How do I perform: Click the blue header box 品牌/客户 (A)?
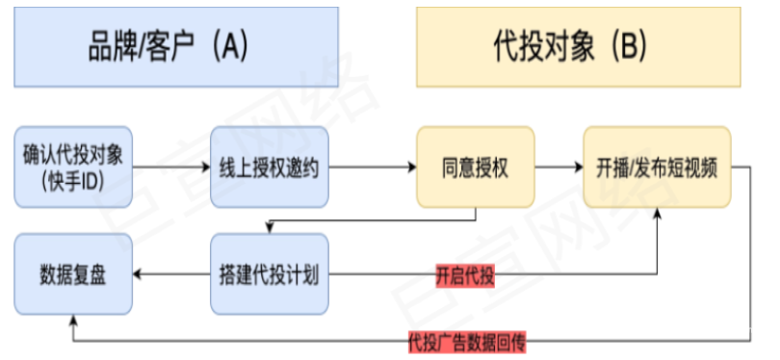[x=176, y=47]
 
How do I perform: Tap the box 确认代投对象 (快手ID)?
[x=73, y=166]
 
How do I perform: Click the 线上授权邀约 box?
[x=270, y=167]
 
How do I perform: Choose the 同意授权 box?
[x=476, y=167]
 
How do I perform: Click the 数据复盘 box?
[x=73, y=273]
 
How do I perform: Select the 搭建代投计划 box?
[x=270, y=273]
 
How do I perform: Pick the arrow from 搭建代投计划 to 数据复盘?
[x=171, y=274]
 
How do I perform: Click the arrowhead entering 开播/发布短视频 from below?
[x=659, y=215]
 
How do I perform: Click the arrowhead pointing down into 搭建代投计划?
[x=270, y=227]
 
